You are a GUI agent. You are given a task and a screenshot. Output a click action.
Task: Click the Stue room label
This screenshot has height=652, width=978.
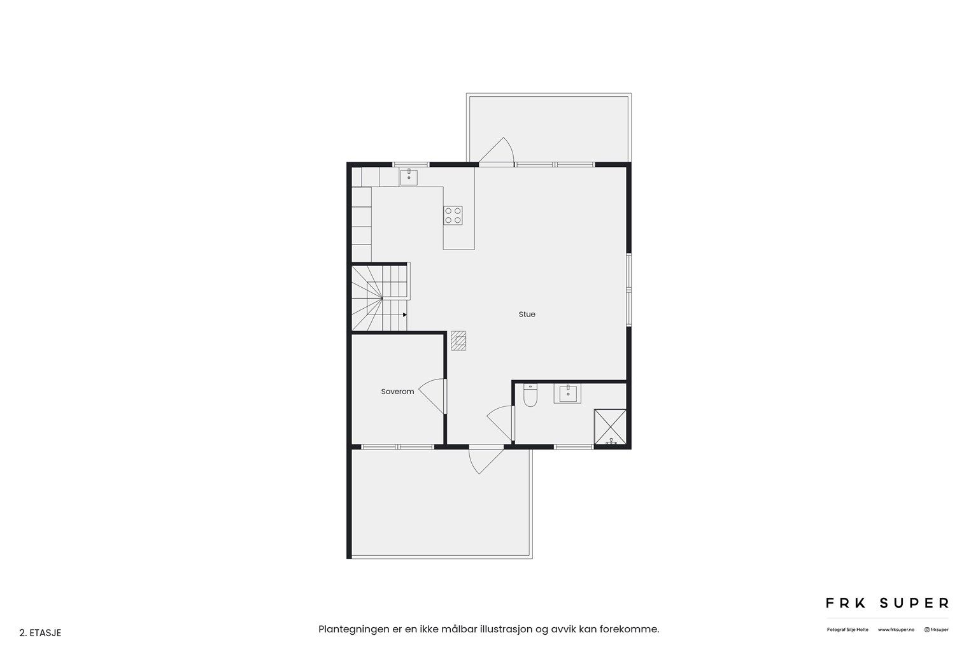527,314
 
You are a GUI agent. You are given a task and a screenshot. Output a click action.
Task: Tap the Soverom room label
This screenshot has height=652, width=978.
397,392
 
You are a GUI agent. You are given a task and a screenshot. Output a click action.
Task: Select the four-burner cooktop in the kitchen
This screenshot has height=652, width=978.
453,215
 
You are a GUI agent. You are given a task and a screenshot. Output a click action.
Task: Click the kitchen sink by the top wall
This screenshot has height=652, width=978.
409,176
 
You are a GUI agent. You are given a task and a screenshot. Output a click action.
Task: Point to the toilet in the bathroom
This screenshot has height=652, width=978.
530,397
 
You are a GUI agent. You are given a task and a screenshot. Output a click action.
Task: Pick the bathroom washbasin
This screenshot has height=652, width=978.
567,394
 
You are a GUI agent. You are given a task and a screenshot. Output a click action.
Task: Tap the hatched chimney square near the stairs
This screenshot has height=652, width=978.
458,341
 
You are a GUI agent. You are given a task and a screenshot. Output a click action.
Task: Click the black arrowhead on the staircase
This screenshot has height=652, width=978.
405,315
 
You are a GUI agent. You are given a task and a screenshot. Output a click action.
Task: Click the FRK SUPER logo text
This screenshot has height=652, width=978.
887,602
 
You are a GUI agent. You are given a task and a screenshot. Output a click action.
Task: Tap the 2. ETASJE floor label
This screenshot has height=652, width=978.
41,633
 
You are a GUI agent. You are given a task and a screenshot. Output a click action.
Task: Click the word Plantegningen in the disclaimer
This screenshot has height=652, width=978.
351,629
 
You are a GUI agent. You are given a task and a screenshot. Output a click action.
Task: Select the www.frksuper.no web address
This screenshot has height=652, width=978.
896,630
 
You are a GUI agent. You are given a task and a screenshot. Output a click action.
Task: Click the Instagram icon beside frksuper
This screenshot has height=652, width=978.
926,630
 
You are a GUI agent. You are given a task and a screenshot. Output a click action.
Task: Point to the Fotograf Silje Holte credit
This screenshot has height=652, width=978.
847,630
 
